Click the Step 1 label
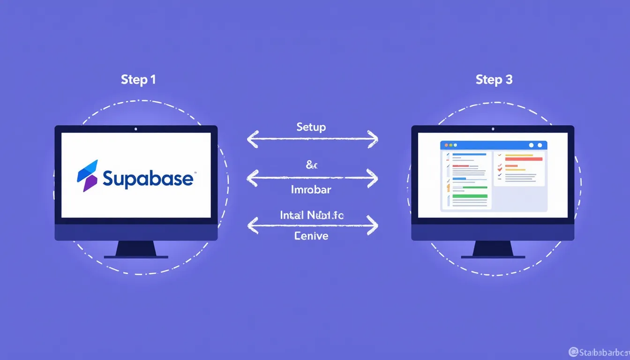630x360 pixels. [138, 80]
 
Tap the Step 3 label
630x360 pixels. [494, 80]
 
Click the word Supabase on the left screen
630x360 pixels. [148, 179]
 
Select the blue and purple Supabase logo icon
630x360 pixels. [88, 175]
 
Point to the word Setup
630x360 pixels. [311, 127]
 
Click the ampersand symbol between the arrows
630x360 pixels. [312, 165]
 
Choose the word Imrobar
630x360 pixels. [311, 190]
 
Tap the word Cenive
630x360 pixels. [311, 236]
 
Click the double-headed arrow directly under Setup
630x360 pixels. [312, 139]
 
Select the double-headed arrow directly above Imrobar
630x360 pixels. [312, 178]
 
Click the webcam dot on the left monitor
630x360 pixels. [136, 129]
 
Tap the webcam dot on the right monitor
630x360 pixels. [493, 129]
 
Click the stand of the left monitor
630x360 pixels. [136, 249]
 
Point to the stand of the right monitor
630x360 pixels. [493, 249]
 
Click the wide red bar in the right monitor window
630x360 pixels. [523, 159]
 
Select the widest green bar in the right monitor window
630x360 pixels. [470, 196]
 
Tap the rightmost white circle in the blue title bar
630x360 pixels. [540, 145]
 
